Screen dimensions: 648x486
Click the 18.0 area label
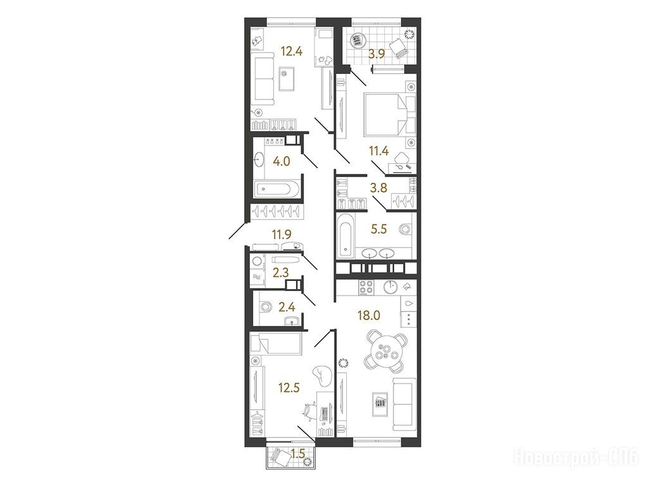pos(368,316)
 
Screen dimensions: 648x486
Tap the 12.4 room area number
pos(292,52)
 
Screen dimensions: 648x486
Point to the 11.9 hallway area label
pos(282,235)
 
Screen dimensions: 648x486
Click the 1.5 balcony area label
pos(298,454)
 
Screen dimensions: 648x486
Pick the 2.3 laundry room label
pos(280,272)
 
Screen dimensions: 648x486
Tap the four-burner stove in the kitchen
pos(366,287)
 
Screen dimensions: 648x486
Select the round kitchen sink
pos(390,287)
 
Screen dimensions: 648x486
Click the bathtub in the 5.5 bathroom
pos(345,234)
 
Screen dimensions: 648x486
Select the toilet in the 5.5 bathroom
pos(405,228)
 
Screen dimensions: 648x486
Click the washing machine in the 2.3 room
pos(258,261)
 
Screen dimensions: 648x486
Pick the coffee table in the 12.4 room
pos(286,78)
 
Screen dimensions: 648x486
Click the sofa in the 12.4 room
pos(263,78)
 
